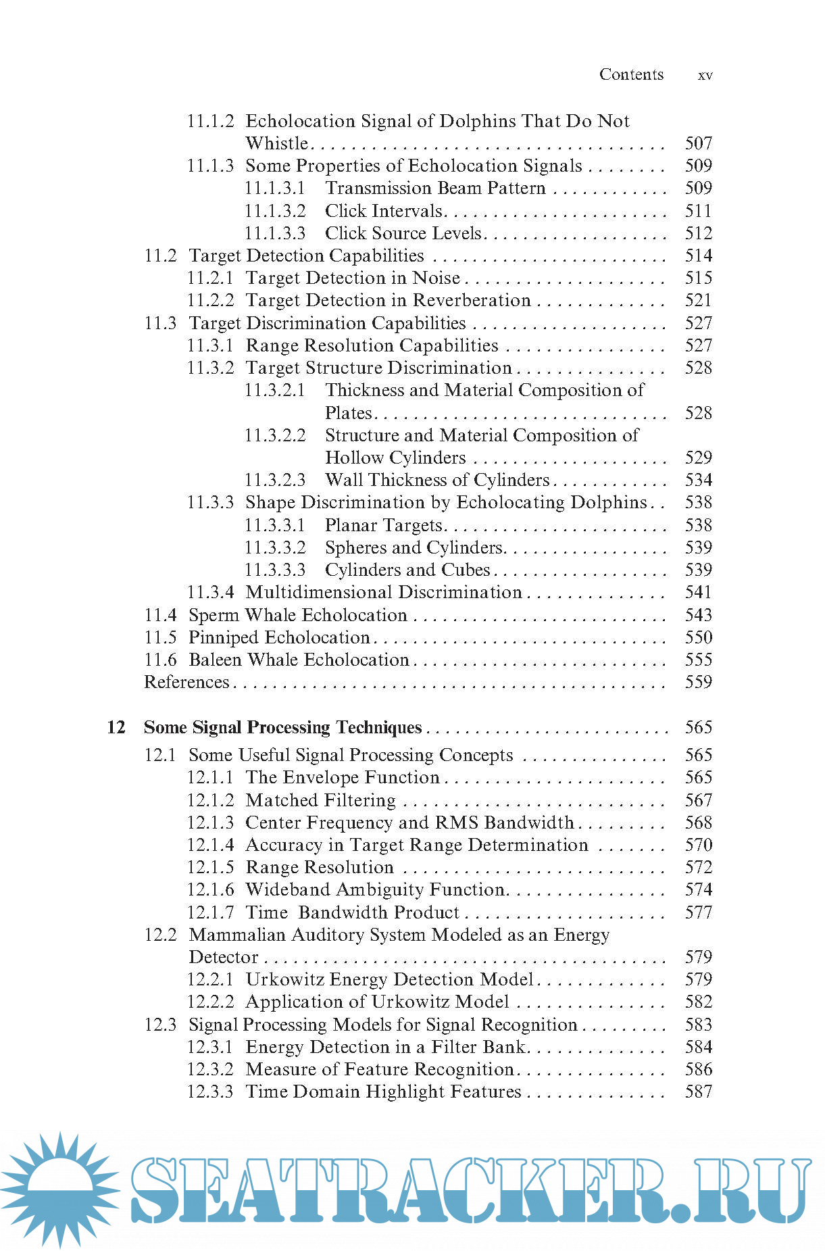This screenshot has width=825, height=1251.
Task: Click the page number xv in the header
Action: tap(705, 75)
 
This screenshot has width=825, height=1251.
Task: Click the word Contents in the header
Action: tap(631, 74)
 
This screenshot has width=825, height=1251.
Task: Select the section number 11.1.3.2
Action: tap(274, 211)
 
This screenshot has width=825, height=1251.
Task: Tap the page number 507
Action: tap(698, 143)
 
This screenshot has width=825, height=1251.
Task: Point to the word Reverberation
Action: tap(472, 300)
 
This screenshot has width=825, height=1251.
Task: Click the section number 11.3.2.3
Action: tap(274, 480)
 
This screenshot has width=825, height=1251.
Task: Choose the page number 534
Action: tap(698, 480)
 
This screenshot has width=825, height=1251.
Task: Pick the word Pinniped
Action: tap(223, 637)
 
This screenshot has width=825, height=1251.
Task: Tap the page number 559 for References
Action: tap(698, 682)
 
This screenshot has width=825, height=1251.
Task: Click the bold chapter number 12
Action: tap(116, 727)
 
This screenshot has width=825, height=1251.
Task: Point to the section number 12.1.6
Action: tap(210, 889)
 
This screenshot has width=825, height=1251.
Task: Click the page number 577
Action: tap(698, 912)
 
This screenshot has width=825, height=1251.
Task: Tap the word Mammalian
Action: tap(238, 935)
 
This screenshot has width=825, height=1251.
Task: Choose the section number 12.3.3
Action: tap(210, 1091)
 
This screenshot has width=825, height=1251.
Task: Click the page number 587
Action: tap(698, 1091)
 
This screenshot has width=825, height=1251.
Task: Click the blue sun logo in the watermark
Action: tap(60, 1189)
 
